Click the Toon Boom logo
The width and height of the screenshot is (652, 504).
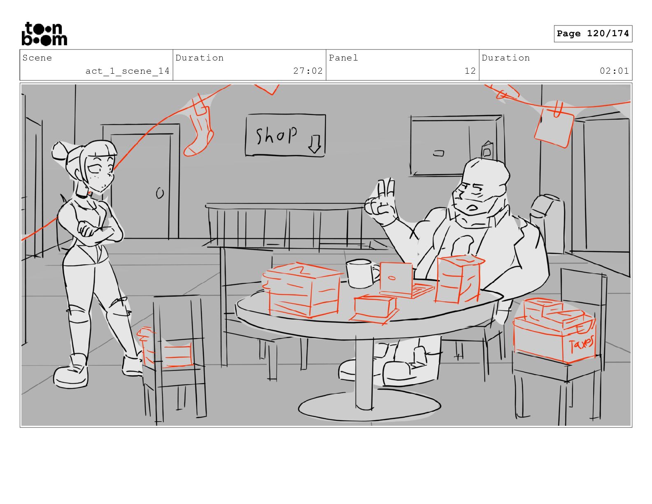44,34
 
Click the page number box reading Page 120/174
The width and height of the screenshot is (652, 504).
593,34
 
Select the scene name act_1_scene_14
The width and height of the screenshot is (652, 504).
127,71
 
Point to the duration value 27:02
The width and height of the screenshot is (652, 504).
307,71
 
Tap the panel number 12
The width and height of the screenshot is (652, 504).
470,71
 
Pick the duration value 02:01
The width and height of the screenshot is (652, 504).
614,71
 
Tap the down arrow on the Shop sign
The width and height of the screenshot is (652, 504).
314,144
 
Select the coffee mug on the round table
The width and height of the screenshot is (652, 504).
361,273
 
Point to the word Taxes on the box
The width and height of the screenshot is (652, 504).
581,343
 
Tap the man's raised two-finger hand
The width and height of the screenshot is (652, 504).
381,202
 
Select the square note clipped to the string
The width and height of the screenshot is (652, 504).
554,128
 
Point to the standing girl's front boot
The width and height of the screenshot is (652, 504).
71,371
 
